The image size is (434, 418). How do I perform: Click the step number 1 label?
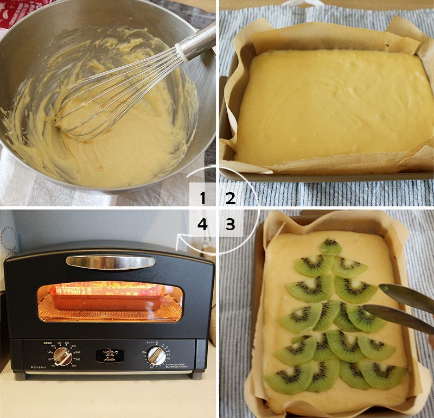coord(203,198)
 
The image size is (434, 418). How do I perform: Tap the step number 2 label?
coord(231,198)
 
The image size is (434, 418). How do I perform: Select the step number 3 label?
coord(231,224)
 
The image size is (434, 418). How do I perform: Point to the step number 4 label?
coord(203,224)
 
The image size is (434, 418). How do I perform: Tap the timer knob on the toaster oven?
coord(157,356)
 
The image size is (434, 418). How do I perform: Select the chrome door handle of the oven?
coord(111,262)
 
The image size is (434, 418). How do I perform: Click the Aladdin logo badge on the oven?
coord(110,355)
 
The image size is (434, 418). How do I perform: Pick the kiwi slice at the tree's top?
coord(330,247)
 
